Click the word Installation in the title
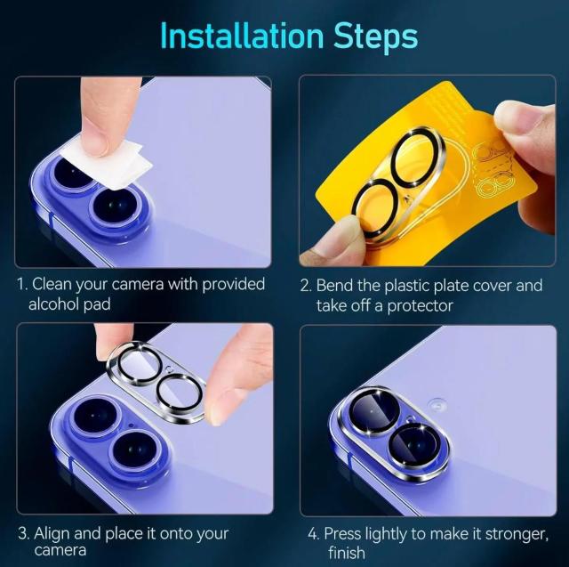[x=242, y=36]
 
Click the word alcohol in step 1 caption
[x=53, y=304]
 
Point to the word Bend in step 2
[x=334, y=286]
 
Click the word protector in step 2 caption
[x=420, y=306]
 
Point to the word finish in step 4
[x=347, y=553]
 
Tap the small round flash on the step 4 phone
[x=437, y=404]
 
